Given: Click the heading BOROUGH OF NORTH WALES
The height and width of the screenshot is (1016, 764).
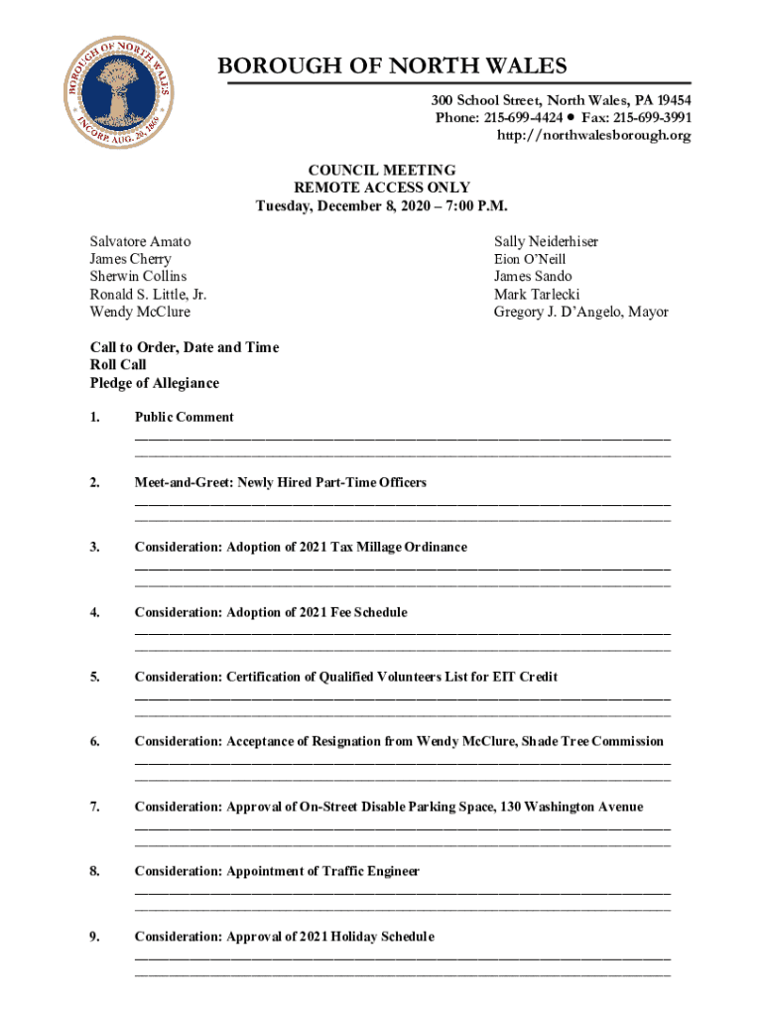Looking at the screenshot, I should [x=392, y=66].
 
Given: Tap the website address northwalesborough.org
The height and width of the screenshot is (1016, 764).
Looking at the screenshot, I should [x=593, y=136].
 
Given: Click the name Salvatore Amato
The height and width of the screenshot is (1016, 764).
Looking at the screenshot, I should [x=140, y=242].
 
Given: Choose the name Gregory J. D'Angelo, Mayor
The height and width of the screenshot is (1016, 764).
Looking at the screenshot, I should [x=580, y=313].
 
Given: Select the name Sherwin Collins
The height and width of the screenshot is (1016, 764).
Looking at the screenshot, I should [x=138, y=277].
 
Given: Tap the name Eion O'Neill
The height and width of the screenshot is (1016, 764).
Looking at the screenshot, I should [x=530, y=259].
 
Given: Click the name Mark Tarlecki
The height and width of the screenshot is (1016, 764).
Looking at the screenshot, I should [x=537, y=295].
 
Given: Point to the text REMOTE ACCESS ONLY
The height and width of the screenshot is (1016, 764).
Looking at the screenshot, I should [x=382, y=189].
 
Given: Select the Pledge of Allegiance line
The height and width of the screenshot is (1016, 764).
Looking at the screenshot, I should [x=154, y=383].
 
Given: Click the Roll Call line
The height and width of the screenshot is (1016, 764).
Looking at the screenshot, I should [x=118, y=365].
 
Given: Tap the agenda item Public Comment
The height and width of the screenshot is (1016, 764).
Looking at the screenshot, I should [x=185, y=418].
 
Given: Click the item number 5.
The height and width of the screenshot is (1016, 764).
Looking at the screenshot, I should [x=94, y=678].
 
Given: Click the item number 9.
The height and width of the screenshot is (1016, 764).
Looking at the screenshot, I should [x=94, y=937].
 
